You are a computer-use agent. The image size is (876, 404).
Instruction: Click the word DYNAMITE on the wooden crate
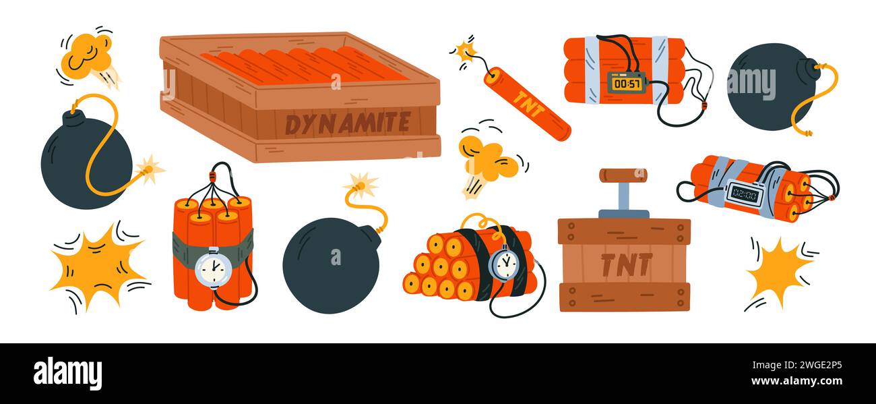coord(347,123)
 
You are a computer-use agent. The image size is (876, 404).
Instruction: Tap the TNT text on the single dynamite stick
coord(526,104)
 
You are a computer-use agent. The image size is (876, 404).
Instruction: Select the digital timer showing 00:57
coord(626,82)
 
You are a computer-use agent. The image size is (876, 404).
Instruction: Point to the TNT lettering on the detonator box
coord(625,265)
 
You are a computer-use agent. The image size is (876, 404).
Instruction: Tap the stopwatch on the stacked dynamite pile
coord(503,264)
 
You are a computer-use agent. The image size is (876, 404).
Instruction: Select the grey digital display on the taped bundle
coord(743,194)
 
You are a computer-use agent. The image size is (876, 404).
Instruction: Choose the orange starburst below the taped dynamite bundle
coord(778,271)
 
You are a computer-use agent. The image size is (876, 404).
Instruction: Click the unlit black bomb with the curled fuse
coord(772,86)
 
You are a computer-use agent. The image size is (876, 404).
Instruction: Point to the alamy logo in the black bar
coord(67,374)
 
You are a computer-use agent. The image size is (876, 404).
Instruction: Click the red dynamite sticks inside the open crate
coord(303,66)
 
